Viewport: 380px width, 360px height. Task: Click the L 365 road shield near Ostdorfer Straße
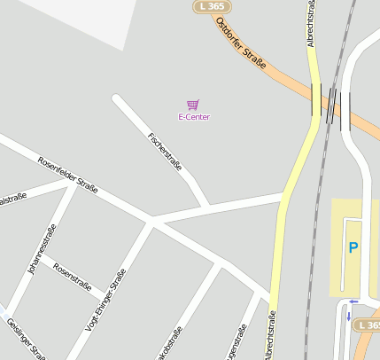pyautogui.click(x=210, y=6)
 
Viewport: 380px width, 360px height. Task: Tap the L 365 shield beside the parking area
pyautogui.click(x=368, y=325)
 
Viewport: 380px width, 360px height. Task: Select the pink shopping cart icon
pyautogui.click(x=193, y=105)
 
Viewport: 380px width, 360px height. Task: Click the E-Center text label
pyautogui.click(x=194, y=117)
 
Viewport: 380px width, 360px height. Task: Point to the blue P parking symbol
pyautogui.click(x=353, y=248)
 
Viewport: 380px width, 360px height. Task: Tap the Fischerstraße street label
pyautogui.click(x=166, y=151)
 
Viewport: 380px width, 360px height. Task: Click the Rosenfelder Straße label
pyautogui.click(x=67, y=173)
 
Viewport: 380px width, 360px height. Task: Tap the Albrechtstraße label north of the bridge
pyautogui.click(x=311, y=23)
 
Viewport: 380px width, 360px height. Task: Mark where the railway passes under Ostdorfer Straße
pyautogui.click(x=330, y=104)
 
